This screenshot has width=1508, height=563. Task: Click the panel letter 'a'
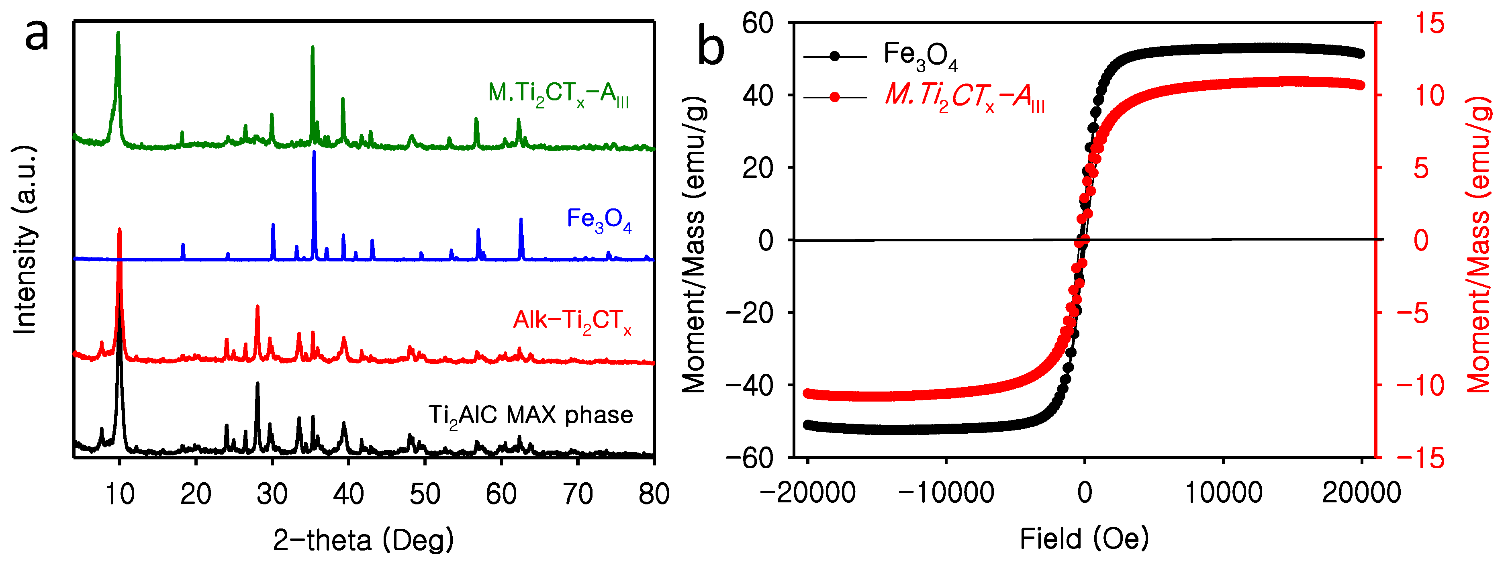click(x=36, y=35)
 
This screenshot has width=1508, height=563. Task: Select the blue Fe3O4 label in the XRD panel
click(x=599, y=220)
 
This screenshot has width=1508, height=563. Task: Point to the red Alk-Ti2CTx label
click(x=572, y=321)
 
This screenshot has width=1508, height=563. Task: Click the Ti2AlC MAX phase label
click(x=530, y=416)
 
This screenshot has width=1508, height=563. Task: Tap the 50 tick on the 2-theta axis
click(x=425, y=494)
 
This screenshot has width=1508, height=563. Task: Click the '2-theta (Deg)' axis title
click(x=364, y=540)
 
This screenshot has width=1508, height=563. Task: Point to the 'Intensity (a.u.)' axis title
click(x=25, y=240)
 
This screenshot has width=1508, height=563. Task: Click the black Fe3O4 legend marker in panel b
click(x=835, y=57)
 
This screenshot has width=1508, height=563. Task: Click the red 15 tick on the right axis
click(x=1429, y=23)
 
